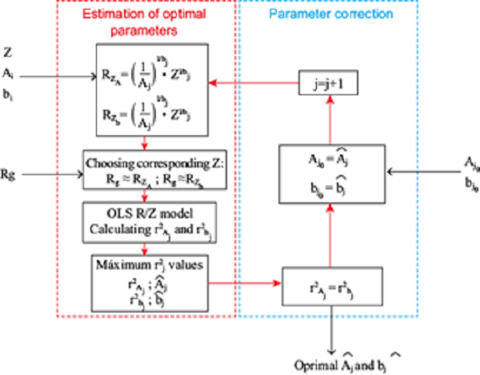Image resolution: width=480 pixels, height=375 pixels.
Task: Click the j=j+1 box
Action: [325, 82]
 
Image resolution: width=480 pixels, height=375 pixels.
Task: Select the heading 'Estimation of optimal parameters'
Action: [143, 22]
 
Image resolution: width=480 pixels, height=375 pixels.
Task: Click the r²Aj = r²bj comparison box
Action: [324, 282]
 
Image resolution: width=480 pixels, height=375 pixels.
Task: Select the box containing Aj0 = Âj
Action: [324, 173]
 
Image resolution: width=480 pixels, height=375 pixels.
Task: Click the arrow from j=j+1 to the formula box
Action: [254, 81]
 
